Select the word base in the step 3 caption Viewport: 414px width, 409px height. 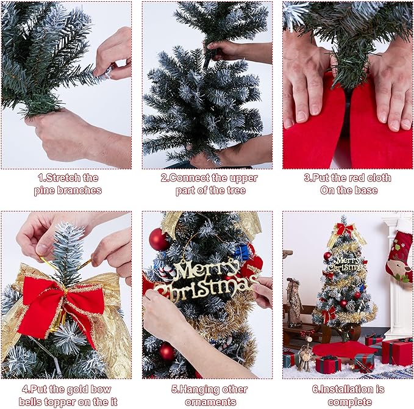(x=362, y=190)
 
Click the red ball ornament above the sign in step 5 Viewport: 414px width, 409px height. (x=159, y=239)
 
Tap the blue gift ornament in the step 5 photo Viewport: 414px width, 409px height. (x=243, y=252)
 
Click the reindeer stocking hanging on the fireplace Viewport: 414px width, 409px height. (x=399, y=256)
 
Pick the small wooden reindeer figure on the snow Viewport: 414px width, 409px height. (x=304, y=358)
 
